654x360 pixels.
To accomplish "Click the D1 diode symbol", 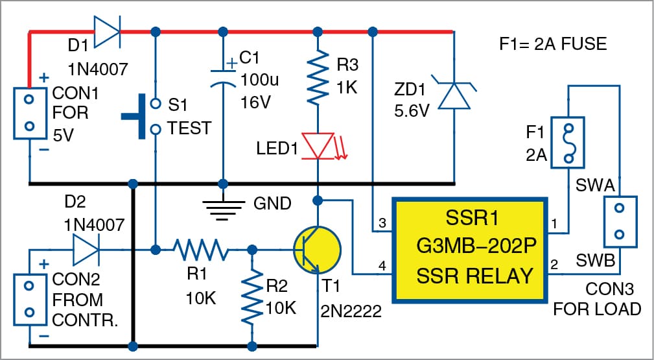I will point(108,30).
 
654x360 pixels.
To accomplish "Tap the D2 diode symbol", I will point(86,249).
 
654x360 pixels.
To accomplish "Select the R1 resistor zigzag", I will point(200,249).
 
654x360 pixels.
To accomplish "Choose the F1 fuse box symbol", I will point(568,143).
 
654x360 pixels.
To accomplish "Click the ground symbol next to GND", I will point(223,206).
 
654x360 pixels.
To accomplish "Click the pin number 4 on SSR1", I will point(381,265).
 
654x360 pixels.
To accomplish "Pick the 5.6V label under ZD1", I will point(412,112).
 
